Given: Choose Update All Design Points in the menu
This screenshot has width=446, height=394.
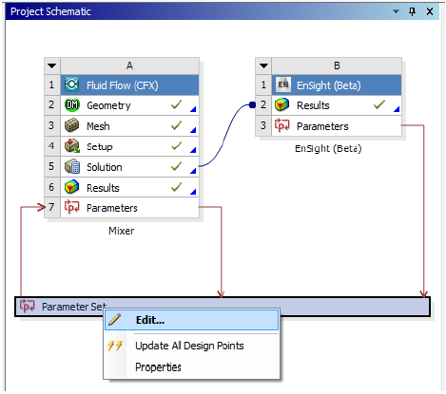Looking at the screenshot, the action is pos(189,346).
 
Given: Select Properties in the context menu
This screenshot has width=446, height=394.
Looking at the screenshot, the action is pos(158,367).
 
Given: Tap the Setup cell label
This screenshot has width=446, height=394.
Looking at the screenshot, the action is pos(100,147).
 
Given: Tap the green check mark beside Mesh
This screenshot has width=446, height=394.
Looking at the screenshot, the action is pos(176,125).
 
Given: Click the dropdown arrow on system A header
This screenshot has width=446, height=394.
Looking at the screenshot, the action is pos(52,66).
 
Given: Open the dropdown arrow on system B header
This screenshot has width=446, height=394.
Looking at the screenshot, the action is pos(263,66).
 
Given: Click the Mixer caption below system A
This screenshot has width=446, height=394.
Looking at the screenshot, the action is pos(121,231).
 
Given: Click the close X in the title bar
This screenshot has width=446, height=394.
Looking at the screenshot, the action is pos(430,11).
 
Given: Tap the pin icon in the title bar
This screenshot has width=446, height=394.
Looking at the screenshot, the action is pos(412,11).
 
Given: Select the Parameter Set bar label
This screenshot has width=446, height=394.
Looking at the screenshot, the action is pos(74,307).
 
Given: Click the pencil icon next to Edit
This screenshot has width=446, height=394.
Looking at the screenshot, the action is pos(114,320).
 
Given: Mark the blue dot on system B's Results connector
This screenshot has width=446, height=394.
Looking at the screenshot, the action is pos(252,104).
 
